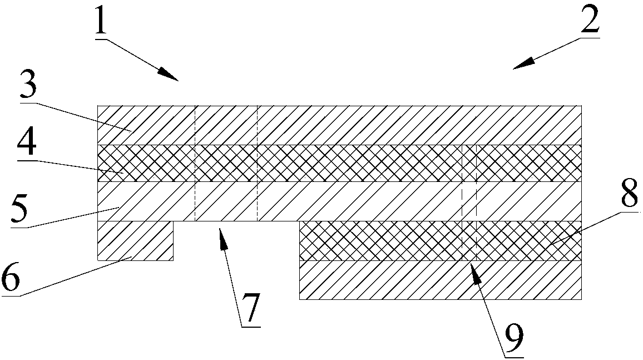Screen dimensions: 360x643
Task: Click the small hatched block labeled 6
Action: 135,240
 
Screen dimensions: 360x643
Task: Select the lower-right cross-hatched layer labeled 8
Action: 439,241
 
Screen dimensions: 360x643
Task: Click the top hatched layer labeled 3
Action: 339,125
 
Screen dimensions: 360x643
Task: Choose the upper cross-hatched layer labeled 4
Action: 339,163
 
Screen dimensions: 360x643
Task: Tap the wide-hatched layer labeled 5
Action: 339,201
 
